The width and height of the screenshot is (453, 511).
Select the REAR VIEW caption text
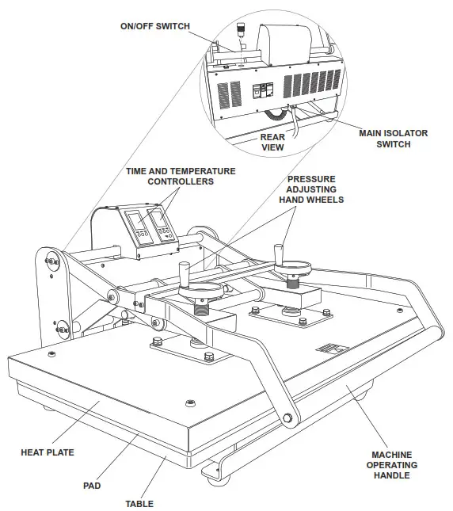[272, 142]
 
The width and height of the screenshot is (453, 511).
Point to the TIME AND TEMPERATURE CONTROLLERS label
[181, 176]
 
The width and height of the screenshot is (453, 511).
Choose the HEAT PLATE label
[48, 452]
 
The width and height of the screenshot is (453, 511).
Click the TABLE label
[139, 503]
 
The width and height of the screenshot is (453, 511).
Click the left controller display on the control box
[135, 223]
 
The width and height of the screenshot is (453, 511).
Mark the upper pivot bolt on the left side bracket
[51, 259]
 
